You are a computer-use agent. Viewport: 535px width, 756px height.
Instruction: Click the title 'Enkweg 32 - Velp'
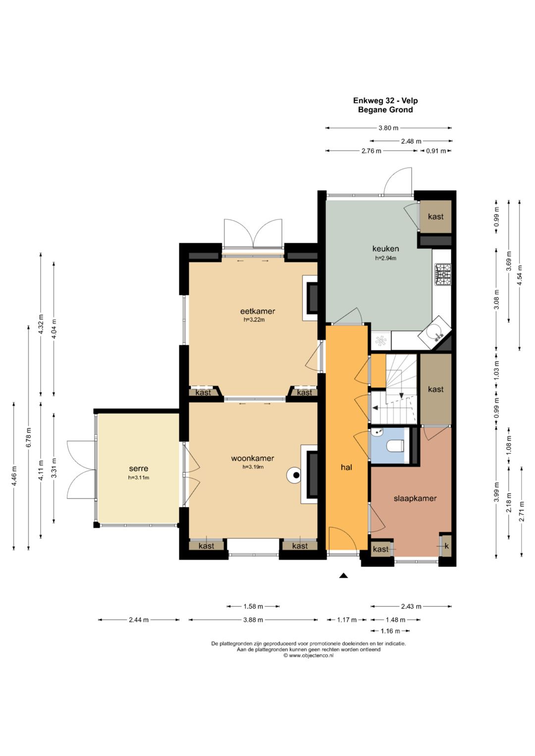(x=385, y=101)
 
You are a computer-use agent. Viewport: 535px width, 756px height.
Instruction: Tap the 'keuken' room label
(x=385, y=249)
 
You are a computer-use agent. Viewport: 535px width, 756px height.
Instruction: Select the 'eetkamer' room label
(x=258, y=311)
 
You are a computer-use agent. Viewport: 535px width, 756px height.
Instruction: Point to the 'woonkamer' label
(x=252, y=458)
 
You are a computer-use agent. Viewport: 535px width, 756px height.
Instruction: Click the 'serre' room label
(x=139, y=469)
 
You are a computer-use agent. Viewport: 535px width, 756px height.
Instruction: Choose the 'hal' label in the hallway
(x=347, y=467)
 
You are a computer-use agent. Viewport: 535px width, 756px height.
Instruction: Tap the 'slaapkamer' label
(x=415, y=498)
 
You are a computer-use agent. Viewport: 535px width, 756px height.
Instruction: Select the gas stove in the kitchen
(x=443, y=275)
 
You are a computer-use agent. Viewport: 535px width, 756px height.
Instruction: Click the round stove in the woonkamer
(x=295, y=476)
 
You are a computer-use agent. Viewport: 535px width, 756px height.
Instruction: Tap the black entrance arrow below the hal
(x=343, y=576)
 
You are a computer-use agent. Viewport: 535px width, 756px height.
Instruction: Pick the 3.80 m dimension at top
(x=388, y=128)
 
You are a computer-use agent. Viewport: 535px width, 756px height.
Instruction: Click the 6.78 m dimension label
(x=29, y=437)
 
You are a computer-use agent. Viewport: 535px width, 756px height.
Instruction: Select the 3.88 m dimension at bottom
(x=253, y=620)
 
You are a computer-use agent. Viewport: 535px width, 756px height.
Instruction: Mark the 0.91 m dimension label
(x=436, y=151)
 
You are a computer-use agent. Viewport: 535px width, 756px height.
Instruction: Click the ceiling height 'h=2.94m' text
(x=385, y=258)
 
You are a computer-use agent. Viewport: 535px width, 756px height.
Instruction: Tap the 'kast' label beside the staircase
(x=435, y=389)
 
